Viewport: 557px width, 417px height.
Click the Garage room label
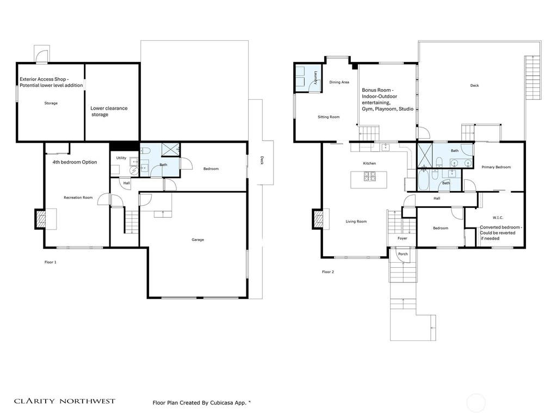198,239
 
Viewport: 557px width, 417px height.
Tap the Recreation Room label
78,198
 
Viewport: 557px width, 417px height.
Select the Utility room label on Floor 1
121,158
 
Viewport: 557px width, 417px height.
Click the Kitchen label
369,163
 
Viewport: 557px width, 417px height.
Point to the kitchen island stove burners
370,176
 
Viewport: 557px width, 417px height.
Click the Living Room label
356,222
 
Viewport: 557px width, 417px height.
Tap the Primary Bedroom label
496,167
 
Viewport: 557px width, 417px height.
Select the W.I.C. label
498,217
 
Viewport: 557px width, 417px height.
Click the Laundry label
315,78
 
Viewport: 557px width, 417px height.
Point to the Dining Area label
339,82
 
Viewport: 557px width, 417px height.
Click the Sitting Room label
329,117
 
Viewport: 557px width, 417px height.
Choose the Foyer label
403,238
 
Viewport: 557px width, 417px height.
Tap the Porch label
403,254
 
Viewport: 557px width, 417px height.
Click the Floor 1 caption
51,262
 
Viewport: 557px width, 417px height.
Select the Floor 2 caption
328,272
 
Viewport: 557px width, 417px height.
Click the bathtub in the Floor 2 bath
423,180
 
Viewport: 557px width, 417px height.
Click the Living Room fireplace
318,219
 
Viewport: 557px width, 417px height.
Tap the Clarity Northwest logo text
65,401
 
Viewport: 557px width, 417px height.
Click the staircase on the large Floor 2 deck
533,78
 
